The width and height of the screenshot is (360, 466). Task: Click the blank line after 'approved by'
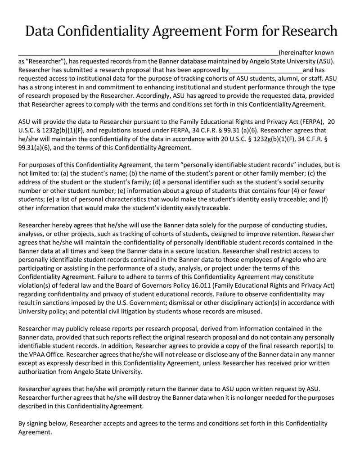[265, 70]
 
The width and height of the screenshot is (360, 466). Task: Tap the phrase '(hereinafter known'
[306, 52]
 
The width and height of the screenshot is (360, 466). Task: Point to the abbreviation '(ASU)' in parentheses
[325, 61]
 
